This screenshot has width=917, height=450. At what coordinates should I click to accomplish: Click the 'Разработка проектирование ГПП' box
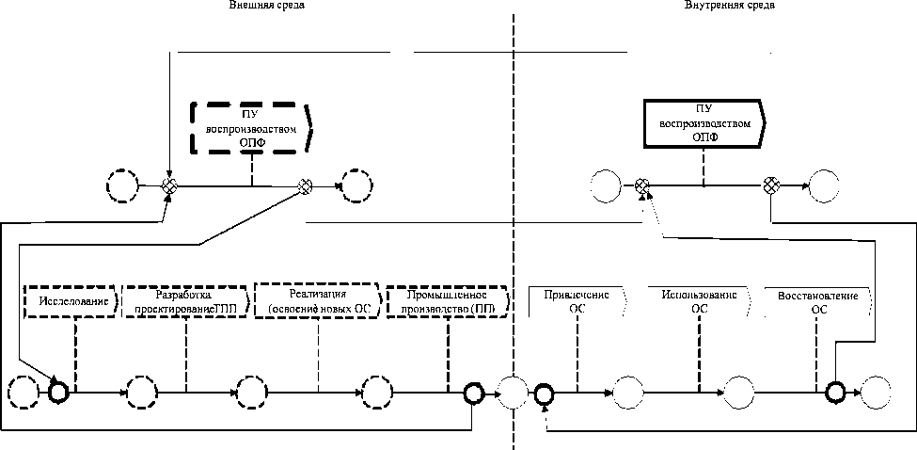(187, 299)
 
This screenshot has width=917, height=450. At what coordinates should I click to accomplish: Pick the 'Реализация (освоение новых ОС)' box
(319, 300)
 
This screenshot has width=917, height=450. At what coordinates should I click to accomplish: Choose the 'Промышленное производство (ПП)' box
(449, 300)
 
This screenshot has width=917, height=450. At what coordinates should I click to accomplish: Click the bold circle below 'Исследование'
(58, 390)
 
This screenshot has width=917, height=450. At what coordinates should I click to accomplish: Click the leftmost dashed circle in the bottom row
(23, 390)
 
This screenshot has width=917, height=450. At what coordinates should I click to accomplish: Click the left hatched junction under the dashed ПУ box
(168, 185)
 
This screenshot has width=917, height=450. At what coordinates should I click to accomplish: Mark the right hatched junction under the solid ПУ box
(770, 185)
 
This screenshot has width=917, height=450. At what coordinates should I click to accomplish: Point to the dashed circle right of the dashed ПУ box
(357, 185)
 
